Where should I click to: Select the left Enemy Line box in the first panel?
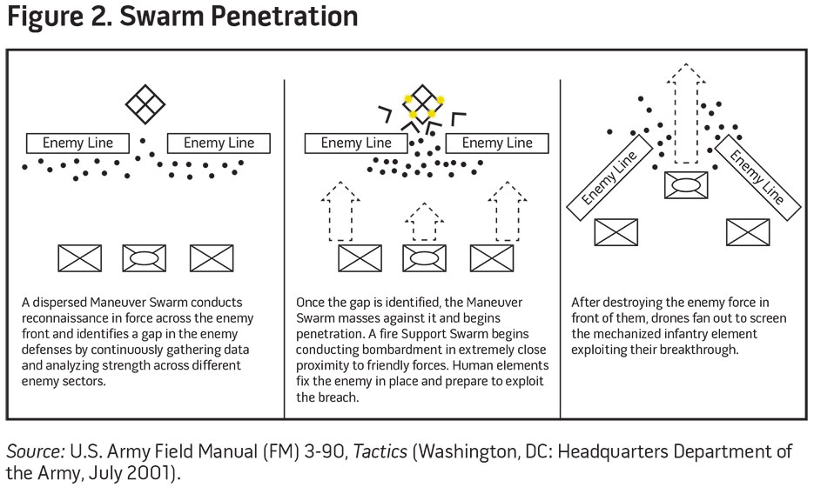pyautogui.click(x=77, y=143)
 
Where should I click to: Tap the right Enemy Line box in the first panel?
pyautogui.click(x=219, y=143)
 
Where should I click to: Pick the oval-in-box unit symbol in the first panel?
pyautogui.click(x=145, y=258)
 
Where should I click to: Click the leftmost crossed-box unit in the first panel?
pyautogui.click(x=80, y=258)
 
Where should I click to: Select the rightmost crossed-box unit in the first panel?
pyautogui.click(x=212, y=258)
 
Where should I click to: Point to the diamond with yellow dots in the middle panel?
pyautogui.click(x=422, y=104)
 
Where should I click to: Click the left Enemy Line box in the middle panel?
pyautogui.click(x=356, y=143)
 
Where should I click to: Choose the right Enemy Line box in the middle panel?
pyautogui.click(x=496, y=143)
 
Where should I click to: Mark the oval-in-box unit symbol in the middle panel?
pyautogui.click(x=424, y=258)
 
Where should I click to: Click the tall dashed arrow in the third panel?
pyautogui.click(x=684, y=113)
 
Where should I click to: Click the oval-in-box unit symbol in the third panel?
pyautogui.click(x=684, y=185)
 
